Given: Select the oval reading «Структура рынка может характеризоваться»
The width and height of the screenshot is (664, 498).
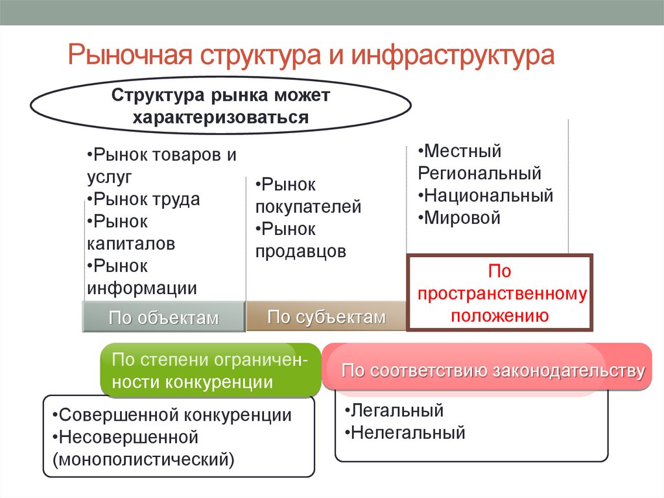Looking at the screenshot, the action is (x=221, y=106).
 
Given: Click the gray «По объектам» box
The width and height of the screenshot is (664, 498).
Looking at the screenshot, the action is (x=163, y=317).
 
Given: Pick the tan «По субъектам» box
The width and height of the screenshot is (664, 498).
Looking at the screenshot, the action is (x=326, y=317).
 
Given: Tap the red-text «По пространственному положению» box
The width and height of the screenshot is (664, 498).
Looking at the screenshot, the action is (x=499, y=293).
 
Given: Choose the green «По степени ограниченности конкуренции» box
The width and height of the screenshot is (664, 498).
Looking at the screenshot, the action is (x=210, y=371).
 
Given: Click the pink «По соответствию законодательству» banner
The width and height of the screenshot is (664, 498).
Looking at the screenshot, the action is (x=493, y=371).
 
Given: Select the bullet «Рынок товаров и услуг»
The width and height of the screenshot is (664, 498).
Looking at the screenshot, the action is (x=160, y=165).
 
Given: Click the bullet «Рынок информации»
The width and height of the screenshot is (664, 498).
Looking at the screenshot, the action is (x=141, y=277).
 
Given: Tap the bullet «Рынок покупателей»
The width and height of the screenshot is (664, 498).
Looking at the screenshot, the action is (x=307, y=196).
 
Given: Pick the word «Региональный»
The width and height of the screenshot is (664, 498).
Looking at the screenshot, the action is (x=479, y=173).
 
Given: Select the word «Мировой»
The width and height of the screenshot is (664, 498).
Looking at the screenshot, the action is (x=462, y=218).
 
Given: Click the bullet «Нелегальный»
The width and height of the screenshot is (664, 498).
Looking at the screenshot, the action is (x=405, y=432).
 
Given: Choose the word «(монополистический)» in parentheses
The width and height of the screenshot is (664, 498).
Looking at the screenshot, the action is (x=144, y=459).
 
